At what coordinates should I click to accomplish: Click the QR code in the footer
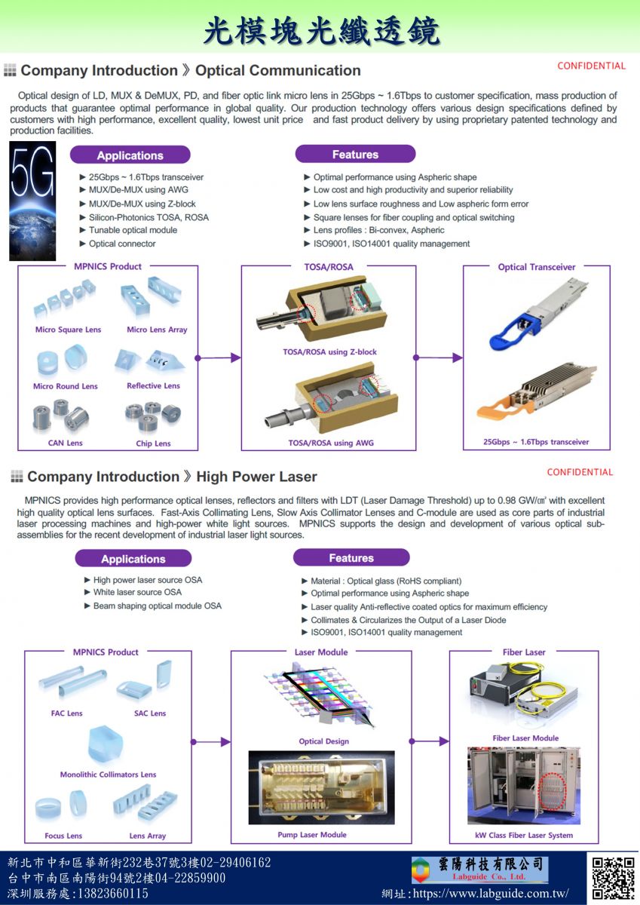pyautogui.click(x=613, y=878)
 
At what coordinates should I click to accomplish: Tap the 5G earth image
pyautogui.click(x=32, y=201)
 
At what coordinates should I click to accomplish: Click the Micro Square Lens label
pyautogui.click(x=68, y=330)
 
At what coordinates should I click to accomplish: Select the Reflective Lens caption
pyautogui.click(x=153, y=386)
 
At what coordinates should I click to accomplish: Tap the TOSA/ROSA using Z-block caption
pyautogui.click(x=329, y=352)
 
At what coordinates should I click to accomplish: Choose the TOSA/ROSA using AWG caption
pyautogui.click(x=331, y=443)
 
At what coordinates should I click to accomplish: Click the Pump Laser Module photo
pyautogui.click(x=321, y=787)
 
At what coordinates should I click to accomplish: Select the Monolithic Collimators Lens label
pyautogui.click(x=108, y=775)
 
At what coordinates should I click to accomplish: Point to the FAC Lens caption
pyautogui.click(x=67, y=713)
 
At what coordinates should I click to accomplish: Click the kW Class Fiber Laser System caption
pyautogui.click(x=524, y=836)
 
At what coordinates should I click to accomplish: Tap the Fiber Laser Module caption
pyautogui.click(x=525, y=738)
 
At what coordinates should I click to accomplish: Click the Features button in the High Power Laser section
pyautogui.click(x=351, y=558)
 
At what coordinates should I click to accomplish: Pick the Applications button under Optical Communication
pyautogui.click(x=130, y=155)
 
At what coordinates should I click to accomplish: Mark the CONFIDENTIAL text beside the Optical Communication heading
pyautogui.click(x=591, y=66)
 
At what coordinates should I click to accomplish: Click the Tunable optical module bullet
pyautogui.click(x=133, y=230)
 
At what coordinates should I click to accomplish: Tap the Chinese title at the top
pyautogui.click(x=320, y=31)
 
